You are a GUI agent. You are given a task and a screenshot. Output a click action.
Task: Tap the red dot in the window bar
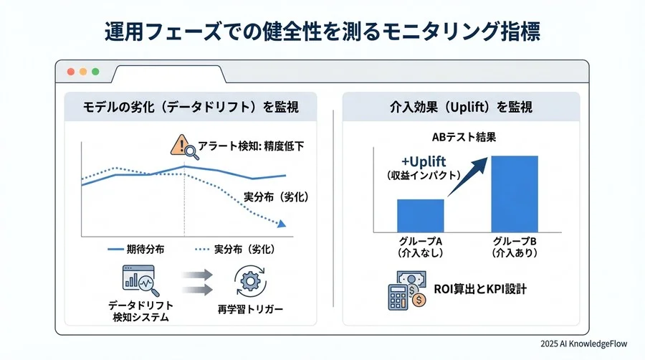click(x=70, y=72)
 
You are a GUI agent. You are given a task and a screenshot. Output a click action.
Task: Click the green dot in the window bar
click(x=95, y=72)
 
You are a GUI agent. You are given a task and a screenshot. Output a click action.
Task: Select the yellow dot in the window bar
click(x=83, y=72)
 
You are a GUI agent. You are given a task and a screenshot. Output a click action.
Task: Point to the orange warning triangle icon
click(x=178, y=146)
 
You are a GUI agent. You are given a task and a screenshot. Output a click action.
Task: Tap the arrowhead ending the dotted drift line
click(x=283, y=224)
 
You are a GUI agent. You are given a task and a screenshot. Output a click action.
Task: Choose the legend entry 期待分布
click(x=136, y=249)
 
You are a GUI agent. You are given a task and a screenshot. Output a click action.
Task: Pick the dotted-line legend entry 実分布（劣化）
click(x=234, y=249)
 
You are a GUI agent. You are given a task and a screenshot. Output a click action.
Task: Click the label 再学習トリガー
click(x=250, y=311)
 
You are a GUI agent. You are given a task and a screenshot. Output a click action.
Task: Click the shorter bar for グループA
click(x=420, y=215)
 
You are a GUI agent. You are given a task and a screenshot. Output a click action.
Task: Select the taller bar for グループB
click(x=514, y=194)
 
